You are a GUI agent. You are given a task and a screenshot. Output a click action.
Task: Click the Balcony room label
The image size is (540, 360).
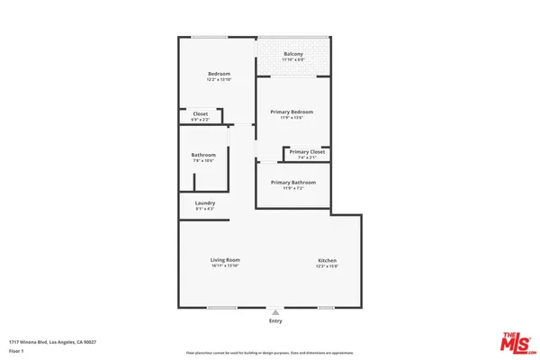tap(293, 54)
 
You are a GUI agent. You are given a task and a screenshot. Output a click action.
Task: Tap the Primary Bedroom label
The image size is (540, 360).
tap(292, 112)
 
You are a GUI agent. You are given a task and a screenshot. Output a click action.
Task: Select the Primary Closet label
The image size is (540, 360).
tap(307, 151)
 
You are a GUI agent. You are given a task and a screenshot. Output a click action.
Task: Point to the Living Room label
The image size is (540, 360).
tap(225, 260)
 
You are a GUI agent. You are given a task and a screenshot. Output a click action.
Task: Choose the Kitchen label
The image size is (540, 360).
tap(327, 261)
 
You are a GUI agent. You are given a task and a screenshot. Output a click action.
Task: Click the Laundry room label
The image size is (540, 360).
tap(205, 202)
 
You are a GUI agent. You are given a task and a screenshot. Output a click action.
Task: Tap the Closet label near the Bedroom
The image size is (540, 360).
tap(200, 113)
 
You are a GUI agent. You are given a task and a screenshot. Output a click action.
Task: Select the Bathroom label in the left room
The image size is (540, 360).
tap(203, 155)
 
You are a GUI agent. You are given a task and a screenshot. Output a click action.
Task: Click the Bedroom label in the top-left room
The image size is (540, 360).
tap(220, 74)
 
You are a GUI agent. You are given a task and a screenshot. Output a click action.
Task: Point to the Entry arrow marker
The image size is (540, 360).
tap(275, 312)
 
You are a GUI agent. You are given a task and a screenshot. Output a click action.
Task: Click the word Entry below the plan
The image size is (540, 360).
tap(275, 321)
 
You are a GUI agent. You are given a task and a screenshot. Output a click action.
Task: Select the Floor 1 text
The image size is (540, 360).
tap(16, 351)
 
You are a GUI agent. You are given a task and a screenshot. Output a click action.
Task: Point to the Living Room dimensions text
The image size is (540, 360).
tap(225, 266)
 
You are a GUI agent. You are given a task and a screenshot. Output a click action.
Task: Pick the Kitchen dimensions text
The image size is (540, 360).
tap(327, 267)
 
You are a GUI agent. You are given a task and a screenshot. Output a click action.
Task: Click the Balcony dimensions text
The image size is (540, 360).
tap(293, 60)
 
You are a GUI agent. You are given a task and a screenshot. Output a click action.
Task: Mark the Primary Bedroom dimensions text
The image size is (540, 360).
tap(292, 118)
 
